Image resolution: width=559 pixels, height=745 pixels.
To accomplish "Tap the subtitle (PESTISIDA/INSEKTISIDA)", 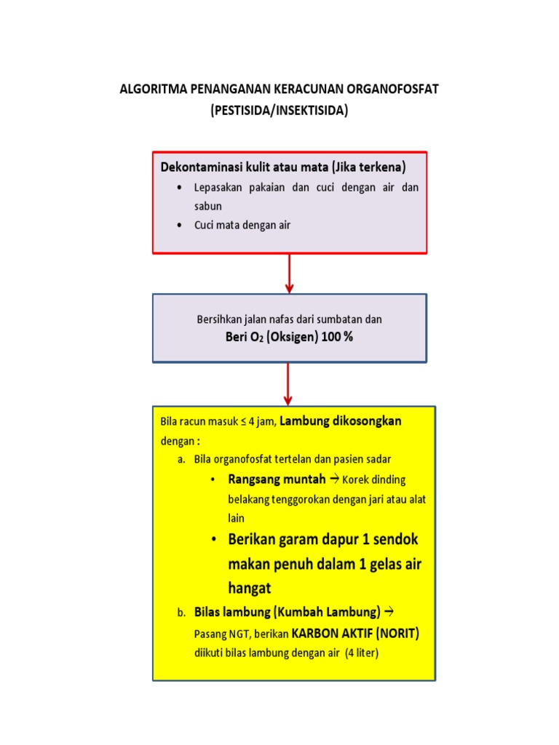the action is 279,111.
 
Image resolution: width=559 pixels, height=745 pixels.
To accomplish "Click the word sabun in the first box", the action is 207,206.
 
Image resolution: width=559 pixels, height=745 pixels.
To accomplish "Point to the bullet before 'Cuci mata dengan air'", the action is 179,226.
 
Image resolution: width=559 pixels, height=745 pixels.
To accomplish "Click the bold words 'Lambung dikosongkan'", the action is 341,421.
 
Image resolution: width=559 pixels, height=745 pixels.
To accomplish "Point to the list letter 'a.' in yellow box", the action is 181,460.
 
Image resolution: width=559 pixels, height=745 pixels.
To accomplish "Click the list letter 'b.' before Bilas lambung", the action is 181,613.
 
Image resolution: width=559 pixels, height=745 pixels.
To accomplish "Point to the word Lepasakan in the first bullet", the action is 218,187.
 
